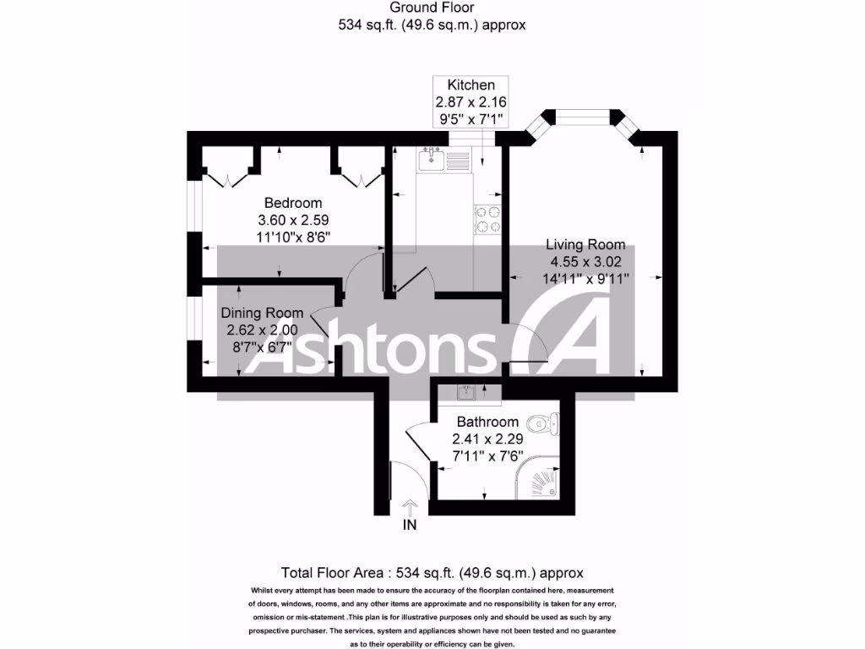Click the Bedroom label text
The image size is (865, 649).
293,203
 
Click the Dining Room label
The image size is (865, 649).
262,314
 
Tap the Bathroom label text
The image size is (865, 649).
487,422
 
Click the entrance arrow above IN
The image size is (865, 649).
410,507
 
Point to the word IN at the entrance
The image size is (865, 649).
410,525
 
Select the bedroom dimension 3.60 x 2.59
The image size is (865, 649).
293,220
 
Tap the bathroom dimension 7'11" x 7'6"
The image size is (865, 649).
487,455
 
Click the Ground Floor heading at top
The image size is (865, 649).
432,8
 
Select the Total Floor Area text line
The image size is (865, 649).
432,572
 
